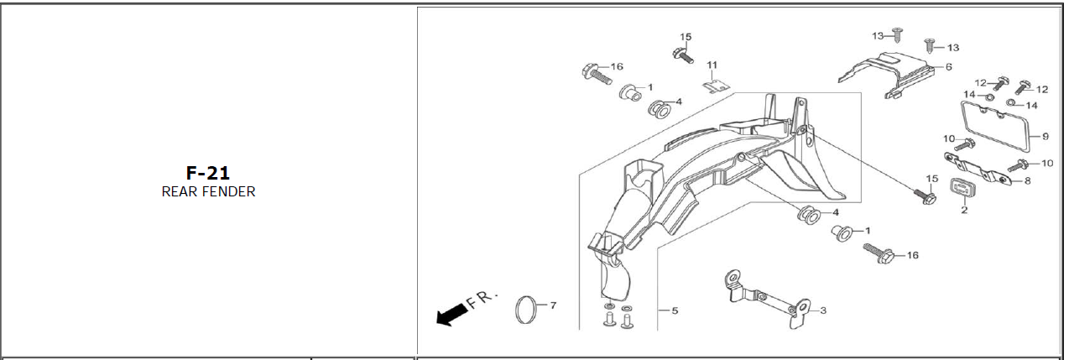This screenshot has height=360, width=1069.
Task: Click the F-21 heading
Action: tap(207, 173)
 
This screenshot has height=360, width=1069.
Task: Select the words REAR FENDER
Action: tap(209, 192)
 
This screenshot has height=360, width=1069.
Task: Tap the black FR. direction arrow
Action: tap(451, 316)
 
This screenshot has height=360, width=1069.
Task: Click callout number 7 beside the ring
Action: tap(553, 305)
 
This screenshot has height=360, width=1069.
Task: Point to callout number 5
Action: tap(675, 310)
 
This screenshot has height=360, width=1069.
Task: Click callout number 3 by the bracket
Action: tap(823, 310)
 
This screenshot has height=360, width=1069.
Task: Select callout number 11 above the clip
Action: tap(712, 65)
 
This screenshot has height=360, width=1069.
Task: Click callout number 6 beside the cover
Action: tap(949, 67)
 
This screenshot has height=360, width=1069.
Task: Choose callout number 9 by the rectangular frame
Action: tap(1046, 137)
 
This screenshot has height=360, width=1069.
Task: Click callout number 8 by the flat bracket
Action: tap(1028, 181)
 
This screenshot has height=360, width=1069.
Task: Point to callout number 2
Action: tap(964, 210)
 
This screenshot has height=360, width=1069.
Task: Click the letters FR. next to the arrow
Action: tap(482, 300)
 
